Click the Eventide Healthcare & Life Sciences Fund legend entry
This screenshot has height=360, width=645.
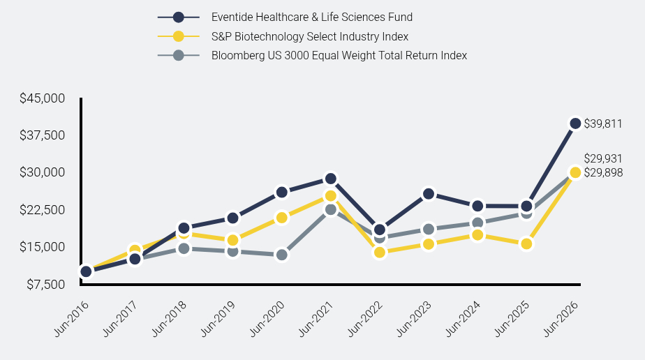pos(312,17)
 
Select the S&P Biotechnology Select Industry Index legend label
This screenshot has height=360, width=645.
pos(310,36)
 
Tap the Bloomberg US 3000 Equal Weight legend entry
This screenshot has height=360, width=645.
pos(339,56)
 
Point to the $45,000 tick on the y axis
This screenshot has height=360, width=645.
pos(43,98)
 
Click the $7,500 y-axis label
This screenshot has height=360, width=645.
pos(46,285)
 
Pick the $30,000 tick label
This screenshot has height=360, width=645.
pos(43,172)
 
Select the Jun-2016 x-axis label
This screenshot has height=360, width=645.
pos(71,319)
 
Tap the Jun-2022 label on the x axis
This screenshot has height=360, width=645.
pos(365,319)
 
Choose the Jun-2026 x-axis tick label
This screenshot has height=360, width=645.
pos(561,319)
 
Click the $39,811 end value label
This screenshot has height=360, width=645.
pos(603,123)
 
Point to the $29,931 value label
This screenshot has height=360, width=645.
pos(603,158)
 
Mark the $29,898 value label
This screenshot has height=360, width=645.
pos(603,172)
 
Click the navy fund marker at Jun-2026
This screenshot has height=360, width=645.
pos(575,123)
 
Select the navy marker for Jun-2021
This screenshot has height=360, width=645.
pos(330,179)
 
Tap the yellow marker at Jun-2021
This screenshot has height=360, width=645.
pos(330,196)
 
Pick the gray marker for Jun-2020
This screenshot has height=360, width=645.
pos(282,255)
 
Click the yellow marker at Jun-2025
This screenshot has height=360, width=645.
pos(526,244)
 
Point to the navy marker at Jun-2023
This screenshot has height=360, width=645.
pos(428,194)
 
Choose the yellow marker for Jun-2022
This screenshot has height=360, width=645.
pos(380,253)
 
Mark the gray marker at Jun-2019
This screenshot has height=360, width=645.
pos(233,251)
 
